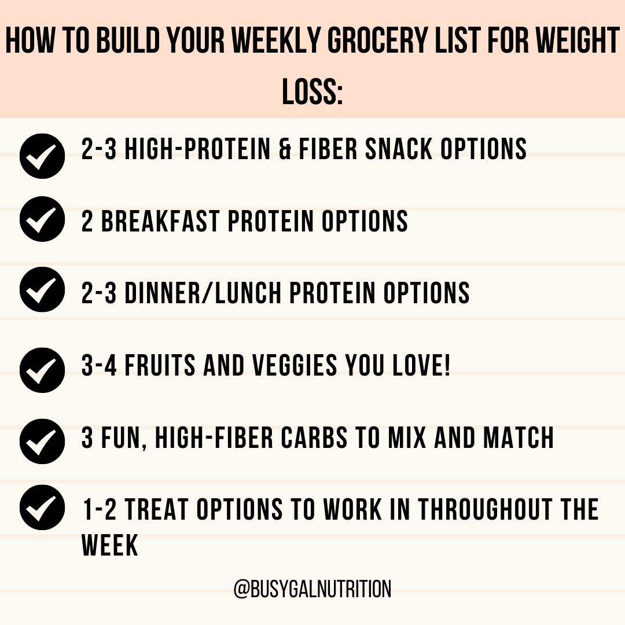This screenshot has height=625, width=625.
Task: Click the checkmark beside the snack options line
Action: click(x=42, y=156)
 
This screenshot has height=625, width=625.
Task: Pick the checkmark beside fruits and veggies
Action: click(x=42, y=369)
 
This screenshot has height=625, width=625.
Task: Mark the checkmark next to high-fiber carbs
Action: click(x=42, y=441)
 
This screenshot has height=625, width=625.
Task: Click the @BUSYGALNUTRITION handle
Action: click(x=312, y=589)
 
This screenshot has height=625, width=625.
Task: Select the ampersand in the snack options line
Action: click(x=285, y=149)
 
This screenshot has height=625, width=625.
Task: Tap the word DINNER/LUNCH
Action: click(x=203, y=293)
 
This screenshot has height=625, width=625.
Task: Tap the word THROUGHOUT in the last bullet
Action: click(x=476, y=509)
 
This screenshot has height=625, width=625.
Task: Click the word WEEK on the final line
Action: click(x=110, y=545)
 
